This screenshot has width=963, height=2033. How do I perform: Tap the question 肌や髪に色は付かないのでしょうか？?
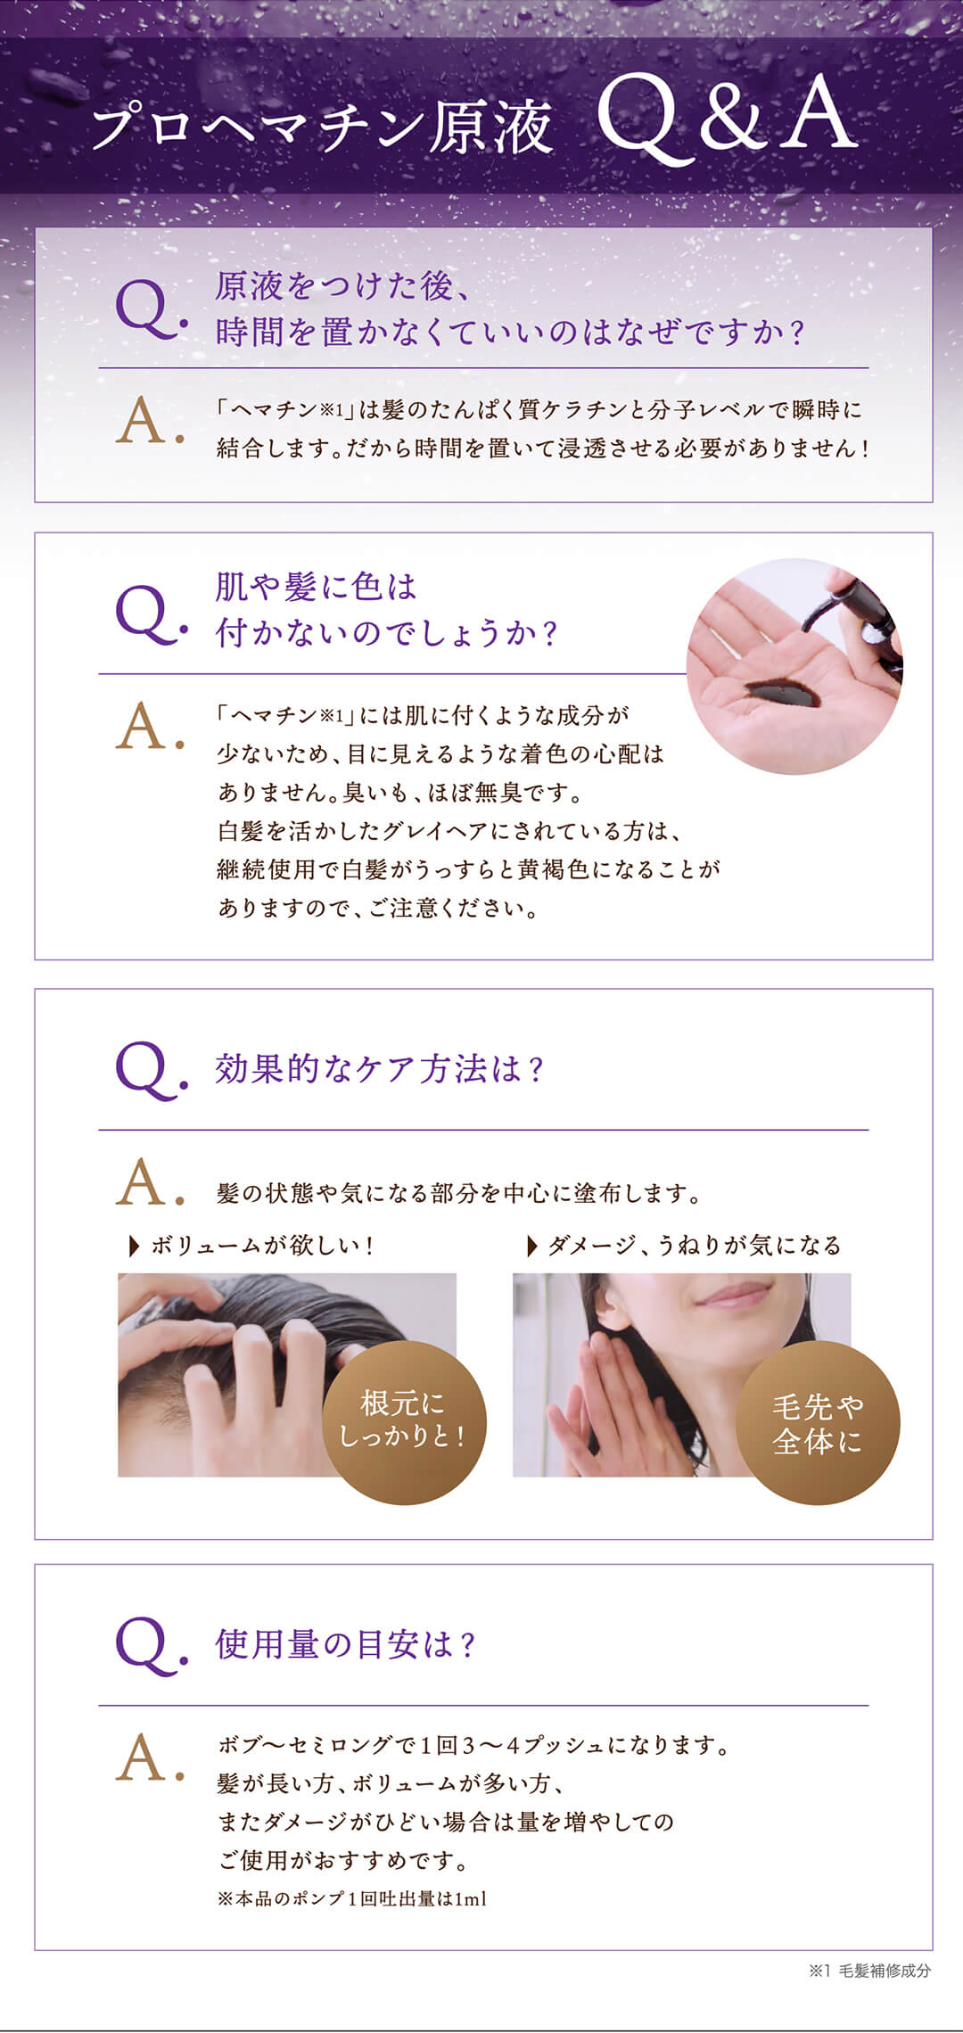(x=385, y=610)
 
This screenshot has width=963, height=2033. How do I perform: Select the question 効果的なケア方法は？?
(x=379, y=1068)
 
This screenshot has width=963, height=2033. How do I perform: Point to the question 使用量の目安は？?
(x=345, y=1644)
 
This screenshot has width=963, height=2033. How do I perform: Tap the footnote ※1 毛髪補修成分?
(x=869, y=1971)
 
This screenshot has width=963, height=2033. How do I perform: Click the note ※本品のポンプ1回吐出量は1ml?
(x=352, y=1899)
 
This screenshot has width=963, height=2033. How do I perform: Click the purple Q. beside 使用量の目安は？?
(x=150, y=1646)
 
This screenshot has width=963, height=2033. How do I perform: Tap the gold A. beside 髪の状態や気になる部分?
(x=148, y=1184)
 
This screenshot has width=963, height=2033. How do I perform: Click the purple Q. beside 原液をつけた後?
(x=150, y=309)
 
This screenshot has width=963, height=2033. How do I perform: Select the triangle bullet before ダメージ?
(x=532, y=1246)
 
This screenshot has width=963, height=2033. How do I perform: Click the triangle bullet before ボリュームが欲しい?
(x=135, y=1246)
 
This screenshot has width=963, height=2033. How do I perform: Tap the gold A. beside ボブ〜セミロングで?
(x=148, y=1758)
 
